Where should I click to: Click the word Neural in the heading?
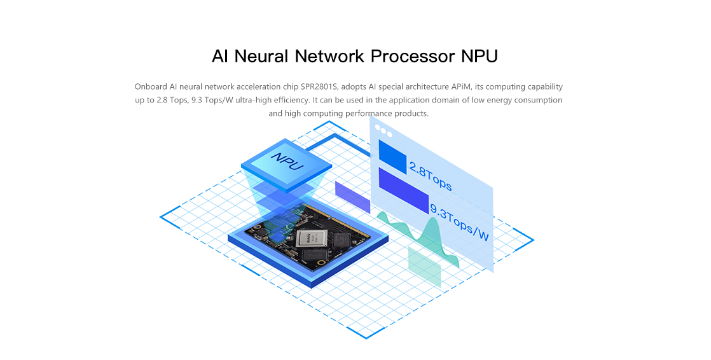point(261,56)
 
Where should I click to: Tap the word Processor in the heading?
point(413,56)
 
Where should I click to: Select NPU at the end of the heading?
point(480,56)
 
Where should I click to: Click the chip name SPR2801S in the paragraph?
point(319,87)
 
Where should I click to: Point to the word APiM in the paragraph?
point(460,87)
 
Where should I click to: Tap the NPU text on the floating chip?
point(287,162)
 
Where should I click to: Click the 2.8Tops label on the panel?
point(431,176)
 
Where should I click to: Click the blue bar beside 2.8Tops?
point(392,156)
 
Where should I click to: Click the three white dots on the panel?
point(383,131)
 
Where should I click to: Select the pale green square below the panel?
point(424,267)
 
